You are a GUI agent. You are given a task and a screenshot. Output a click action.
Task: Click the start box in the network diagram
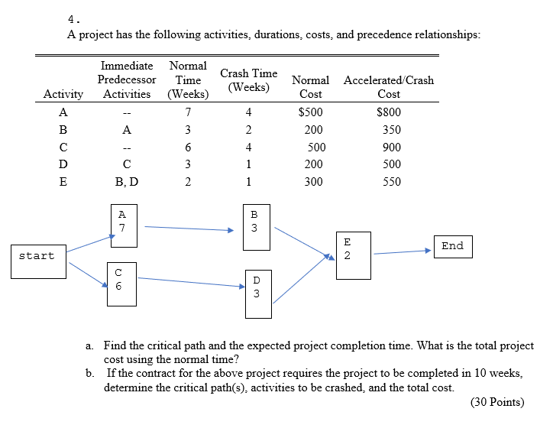(x=37, y=256)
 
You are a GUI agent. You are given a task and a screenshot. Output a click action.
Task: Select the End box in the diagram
(x=452, y=246)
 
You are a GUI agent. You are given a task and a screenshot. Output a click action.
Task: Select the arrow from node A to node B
(x=188, y=228)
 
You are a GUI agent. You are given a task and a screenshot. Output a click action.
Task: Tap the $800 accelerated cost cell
(x=389, y=112)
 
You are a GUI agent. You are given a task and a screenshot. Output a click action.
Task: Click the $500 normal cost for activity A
(x=310, y=112)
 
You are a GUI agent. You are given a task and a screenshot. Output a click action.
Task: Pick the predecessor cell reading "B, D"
(x=127, y=182)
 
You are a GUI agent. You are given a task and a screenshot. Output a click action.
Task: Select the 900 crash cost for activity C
(x=391, y=147)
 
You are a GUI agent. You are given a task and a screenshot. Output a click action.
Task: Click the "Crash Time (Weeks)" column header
(x=248, y=80)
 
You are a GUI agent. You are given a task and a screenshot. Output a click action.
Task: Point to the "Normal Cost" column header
(x=310, y=86)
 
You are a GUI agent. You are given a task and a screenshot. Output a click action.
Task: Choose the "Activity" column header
(x=63, y=94)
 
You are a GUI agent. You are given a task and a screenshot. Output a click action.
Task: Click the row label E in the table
(x=63, y=182)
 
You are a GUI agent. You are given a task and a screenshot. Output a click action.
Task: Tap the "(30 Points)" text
(x=498, y=402)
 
